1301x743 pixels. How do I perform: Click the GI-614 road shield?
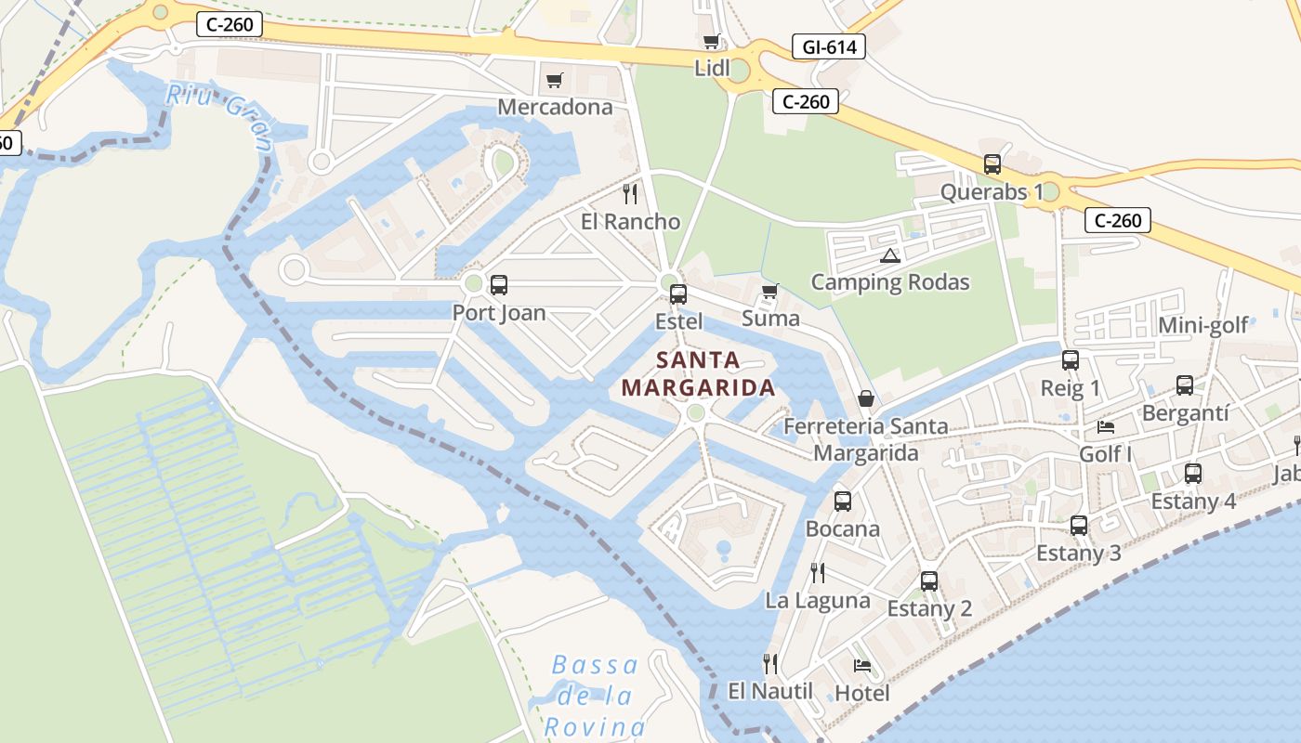(829, 46)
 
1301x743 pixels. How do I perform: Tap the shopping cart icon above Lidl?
(712, 41)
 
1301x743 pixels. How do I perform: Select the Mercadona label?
(555, 107)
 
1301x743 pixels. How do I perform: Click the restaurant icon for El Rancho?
(630, 193)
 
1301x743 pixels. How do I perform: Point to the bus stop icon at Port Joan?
(499, 285)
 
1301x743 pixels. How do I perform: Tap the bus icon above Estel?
(678, 294)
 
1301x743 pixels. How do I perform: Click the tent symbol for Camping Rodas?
(889, 255)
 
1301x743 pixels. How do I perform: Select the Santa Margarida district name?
(698, 373)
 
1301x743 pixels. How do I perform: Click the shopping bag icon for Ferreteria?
(866, 398)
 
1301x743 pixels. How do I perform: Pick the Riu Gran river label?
(220, 116)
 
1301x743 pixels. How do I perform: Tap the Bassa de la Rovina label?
(595, 696)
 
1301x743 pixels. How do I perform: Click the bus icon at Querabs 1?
(992, 164)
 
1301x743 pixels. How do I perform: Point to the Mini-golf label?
(1202, 325)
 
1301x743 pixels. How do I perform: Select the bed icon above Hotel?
(862, 666)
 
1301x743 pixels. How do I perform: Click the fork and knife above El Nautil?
(770, 663)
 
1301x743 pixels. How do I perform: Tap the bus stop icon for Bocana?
(843, 502)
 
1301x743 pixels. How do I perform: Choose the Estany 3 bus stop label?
(1078, 554)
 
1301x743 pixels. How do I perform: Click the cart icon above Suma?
(769, 292)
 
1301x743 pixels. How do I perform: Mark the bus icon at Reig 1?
(1071, 360)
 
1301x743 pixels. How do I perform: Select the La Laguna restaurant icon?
(818, 572)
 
